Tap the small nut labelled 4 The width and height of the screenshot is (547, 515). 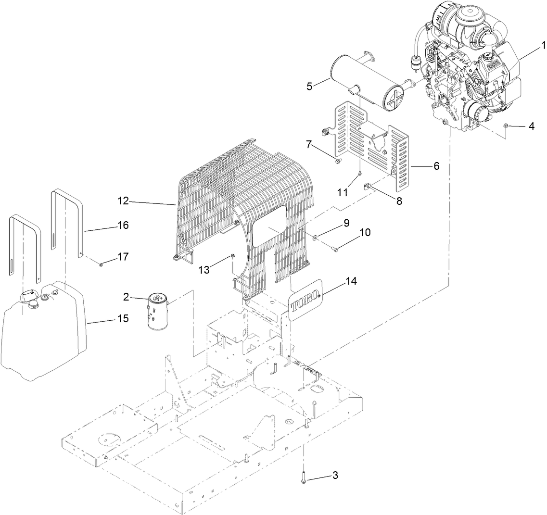(x=507, y=126)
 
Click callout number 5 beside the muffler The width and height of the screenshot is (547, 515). (x=310, y=86)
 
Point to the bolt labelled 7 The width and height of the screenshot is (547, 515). (x=337, y=162)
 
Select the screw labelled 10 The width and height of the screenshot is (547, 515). (x=334, y=249)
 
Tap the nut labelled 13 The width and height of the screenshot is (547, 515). (x=232, y=256)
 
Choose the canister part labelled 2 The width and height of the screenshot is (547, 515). (x=157, y=313)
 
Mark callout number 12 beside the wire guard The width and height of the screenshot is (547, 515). (x=123, y=201)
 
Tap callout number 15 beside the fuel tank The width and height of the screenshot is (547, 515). (x=123, y=318)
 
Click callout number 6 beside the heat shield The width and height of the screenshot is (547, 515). (x=436, y=166)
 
